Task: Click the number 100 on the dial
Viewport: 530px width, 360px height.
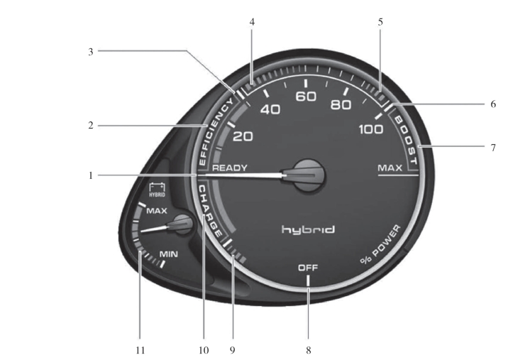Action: (x=370, y=129)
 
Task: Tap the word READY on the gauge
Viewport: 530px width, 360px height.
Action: (x=230, y=168)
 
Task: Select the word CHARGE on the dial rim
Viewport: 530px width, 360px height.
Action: (x=213, y=211)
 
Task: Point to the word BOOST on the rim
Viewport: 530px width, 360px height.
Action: (x=406, y=138)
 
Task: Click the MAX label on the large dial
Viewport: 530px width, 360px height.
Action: (x=390, y=168)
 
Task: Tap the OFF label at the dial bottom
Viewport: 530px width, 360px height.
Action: (x=307, y=268)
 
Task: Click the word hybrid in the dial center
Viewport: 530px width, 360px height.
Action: (x=307, y=230)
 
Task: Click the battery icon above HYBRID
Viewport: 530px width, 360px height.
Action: (x=157, y=187)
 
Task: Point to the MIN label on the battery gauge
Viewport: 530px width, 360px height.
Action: (x=168, y=253)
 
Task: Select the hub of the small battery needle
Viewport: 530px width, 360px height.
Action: (x=182, y=224)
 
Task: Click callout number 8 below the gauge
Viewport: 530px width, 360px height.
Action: (x=308, y=349)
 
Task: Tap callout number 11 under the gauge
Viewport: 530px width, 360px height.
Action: (x=140, y=349)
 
